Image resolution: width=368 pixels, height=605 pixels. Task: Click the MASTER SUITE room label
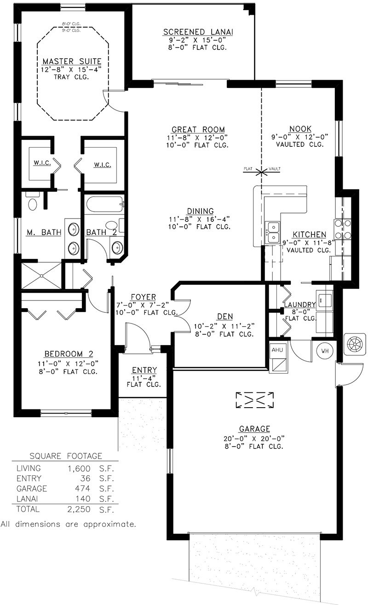[72, 61]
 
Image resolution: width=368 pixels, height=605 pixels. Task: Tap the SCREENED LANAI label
[198, 32]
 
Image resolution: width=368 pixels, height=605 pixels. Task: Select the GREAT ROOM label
[198, 130]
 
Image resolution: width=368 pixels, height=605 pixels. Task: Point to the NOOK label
[300, 129]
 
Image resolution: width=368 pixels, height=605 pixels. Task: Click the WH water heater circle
[325, 351]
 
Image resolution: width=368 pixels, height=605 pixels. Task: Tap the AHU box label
[277, 350]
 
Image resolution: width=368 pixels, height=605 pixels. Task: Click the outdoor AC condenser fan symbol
[355, 344]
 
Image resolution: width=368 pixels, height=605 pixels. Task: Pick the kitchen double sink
[273, 232]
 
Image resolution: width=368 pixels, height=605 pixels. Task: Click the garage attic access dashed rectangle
[254, 400]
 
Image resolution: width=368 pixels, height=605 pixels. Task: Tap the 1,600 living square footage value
[79, 468]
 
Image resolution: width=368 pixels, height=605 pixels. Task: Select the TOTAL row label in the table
[28, 509]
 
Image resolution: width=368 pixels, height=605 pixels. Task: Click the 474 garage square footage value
[83, 489]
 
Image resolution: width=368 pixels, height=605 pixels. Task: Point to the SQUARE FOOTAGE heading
[66, 456]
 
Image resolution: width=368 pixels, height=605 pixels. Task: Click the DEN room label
[225, 316]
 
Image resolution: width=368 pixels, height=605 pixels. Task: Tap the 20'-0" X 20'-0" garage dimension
[254, 438]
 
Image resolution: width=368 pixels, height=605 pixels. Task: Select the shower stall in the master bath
[41, 276]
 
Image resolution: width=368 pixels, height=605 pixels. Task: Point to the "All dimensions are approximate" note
[68, 524]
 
